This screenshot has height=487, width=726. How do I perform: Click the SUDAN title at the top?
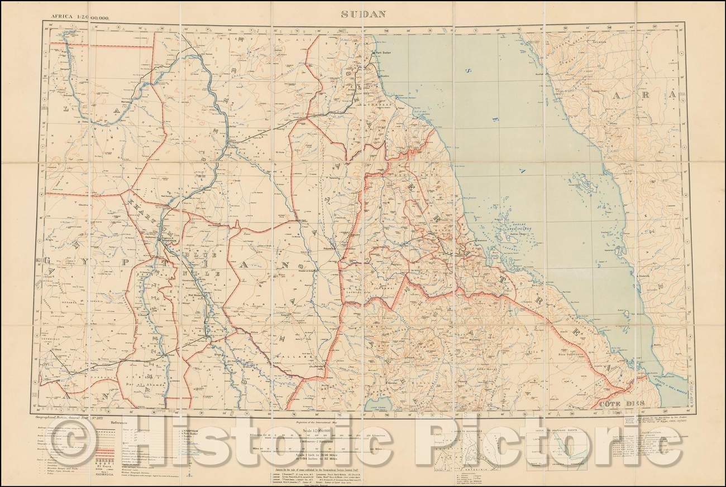pyautogui.click(x=362, y=15)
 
